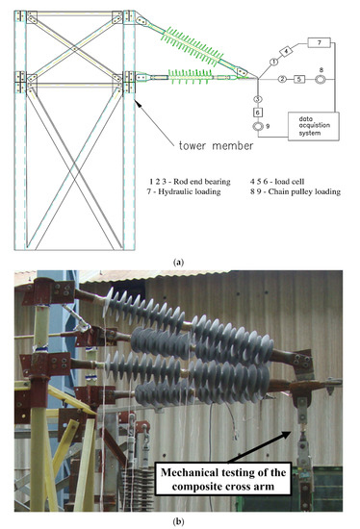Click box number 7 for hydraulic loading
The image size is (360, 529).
[321, 42]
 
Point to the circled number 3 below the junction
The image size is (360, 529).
[257, 99]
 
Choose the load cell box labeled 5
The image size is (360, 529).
[299, 78]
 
